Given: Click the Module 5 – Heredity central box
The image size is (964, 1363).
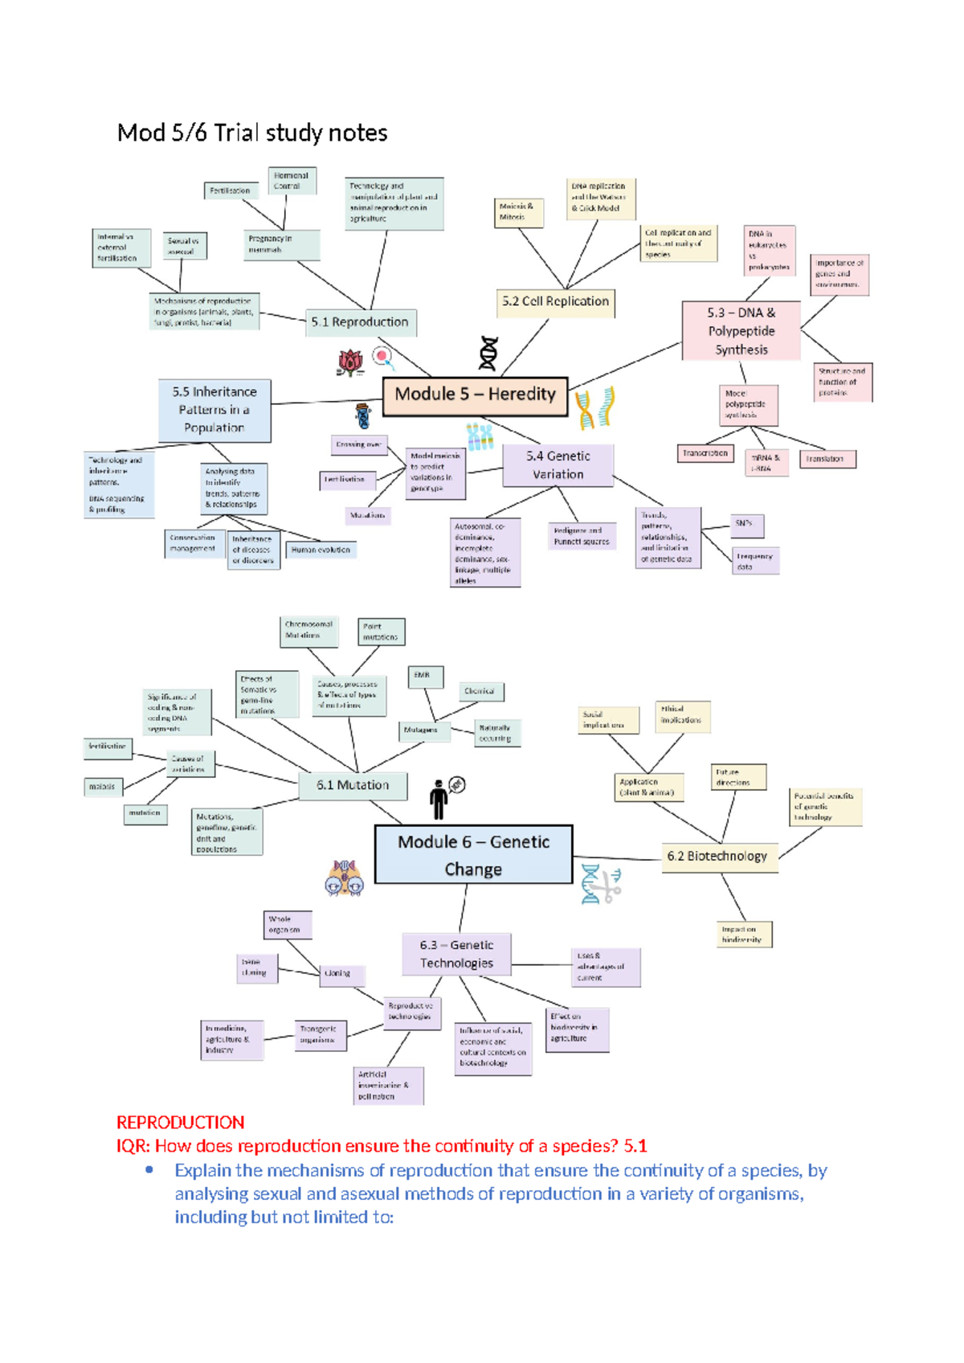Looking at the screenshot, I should pos(475,395).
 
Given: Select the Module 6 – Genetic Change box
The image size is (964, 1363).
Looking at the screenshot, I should pos(473,855).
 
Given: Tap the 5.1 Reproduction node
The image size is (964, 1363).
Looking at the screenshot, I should pos(360,322).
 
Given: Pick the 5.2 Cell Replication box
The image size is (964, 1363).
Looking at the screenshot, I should pos(555,301).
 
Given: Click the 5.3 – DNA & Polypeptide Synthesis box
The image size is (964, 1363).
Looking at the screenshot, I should pos(741,331).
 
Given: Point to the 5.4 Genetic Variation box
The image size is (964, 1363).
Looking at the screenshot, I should pos(558,465).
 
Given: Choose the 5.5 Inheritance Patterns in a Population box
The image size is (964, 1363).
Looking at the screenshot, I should pos(214,410).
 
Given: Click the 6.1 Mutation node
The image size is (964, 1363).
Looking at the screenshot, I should pos(352,785).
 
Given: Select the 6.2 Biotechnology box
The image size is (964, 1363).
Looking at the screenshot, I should pos(717,857).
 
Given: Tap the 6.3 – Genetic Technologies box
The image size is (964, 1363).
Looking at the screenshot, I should pos(456,954).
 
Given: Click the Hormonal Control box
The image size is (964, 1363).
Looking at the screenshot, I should pos(291,181).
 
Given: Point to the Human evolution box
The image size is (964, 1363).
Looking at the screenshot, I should pos(321,551).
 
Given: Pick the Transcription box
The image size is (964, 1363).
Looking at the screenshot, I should pos(705,454).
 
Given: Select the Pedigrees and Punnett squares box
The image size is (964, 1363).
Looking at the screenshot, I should pos(582,536).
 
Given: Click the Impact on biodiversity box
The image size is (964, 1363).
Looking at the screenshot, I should pos(744,934).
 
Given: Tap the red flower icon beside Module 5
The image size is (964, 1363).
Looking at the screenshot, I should pos(350,362).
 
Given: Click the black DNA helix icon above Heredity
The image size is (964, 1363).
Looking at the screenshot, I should pos(488,354).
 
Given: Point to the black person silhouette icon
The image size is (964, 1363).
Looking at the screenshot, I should pos(439,800).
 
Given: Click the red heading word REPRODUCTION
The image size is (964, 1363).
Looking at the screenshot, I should pos(180,1123).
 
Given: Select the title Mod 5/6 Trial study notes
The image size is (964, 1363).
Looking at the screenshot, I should pos(252,133).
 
